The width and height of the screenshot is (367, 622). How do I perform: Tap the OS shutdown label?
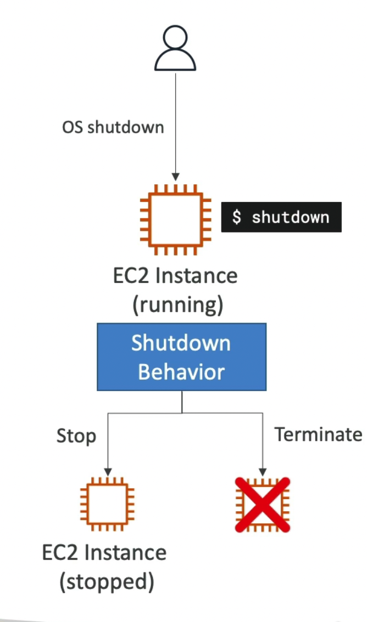coord(113,127)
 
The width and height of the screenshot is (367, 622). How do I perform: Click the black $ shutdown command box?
coord(281,217)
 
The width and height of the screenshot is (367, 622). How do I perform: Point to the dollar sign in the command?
coord(237,217)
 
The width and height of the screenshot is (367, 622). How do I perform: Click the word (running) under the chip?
coord(177,305)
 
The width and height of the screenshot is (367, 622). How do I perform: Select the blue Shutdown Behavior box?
coord(182,357)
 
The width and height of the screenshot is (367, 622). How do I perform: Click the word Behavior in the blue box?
coord(181,372)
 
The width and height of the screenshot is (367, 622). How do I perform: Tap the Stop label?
coord(76,436)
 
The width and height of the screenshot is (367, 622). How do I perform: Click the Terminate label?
coord(318,434)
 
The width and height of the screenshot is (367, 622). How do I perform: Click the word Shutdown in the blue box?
coord(181,343)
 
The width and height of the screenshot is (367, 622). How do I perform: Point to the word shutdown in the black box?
coord(290,217)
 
